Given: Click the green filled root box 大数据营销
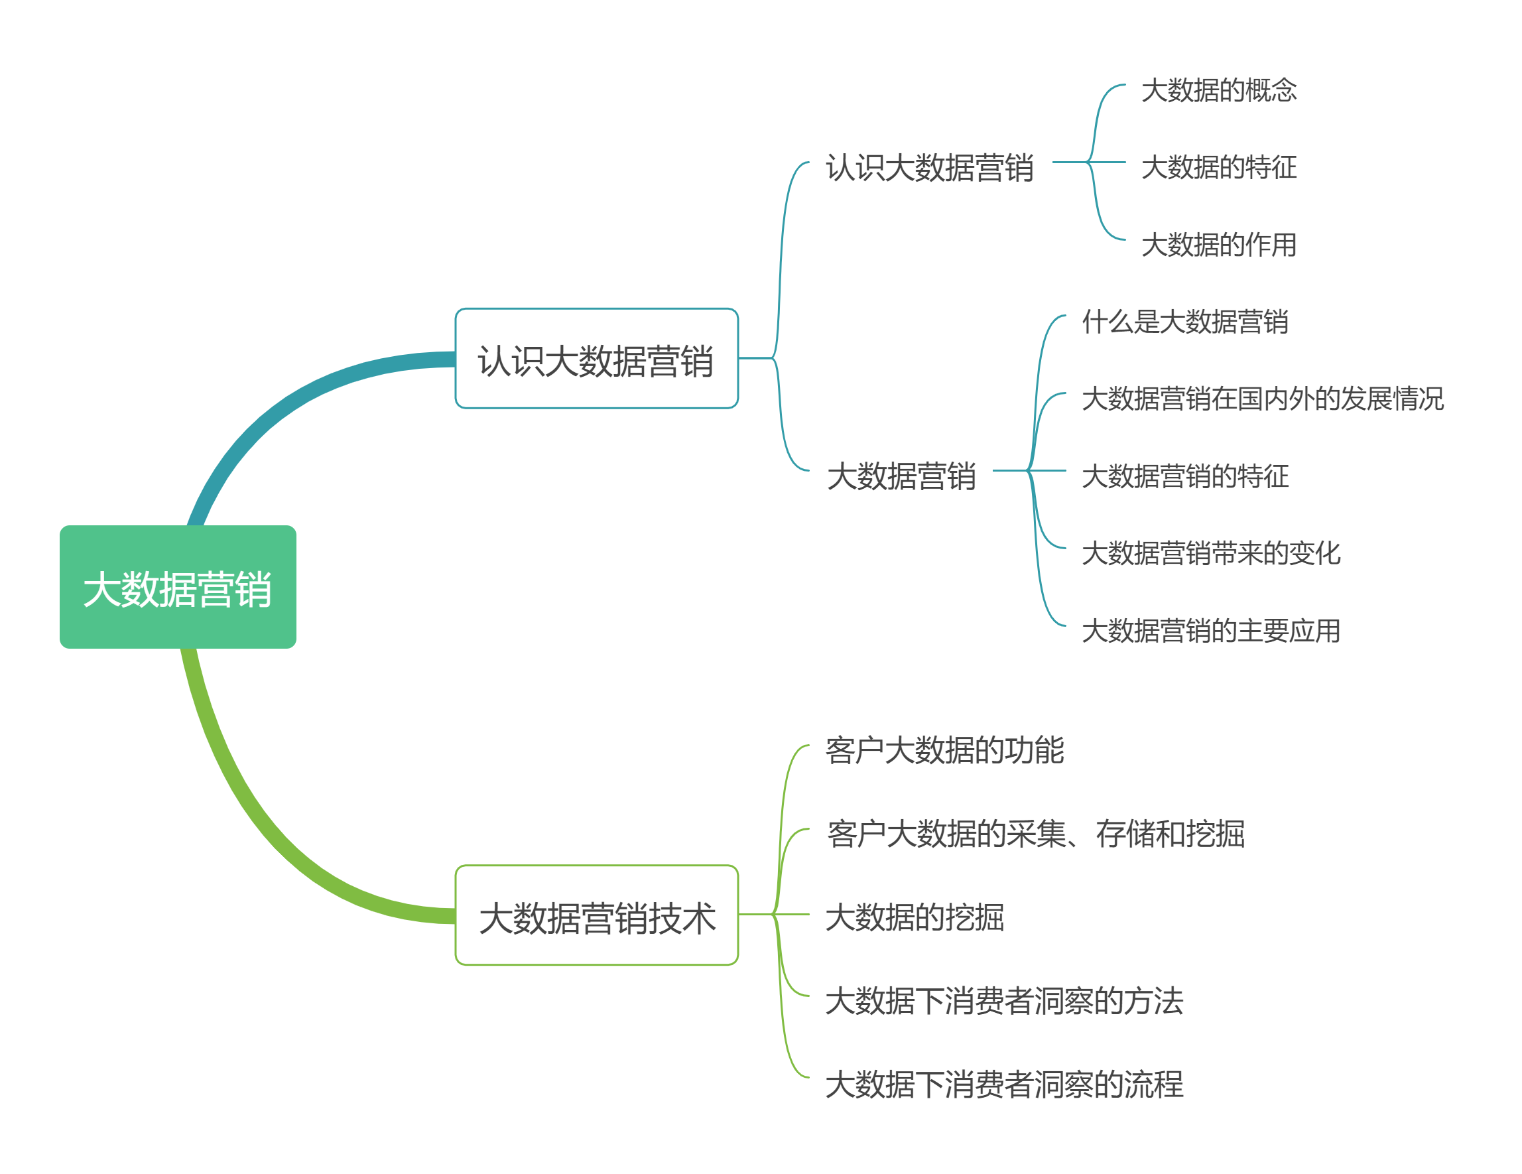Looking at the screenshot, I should (178, 587).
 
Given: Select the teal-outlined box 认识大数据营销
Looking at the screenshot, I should (597, 358).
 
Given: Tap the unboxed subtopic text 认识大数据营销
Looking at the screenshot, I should (929, 168).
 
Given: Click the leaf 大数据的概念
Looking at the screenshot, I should (1219, 91).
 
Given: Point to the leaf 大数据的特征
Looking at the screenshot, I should (1219, 167).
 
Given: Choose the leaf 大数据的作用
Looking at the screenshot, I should (1219, 245).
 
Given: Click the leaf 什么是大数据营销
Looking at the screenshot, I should (1184, 322).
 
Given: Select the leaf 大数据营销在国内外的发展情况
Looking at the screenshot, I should (1262, 399).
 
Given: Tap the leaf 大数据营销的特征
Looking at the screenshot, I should (1184, 476).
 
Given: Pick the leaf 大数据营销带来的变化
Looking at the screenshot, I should (1210, 554).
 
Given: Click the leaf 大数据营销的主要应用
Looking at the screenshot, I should (1210, 631).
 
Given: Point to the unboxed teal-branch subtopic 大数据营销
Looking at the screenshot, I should (901, 476).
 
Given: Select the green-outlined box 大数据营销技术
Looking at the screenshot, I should (597, 915).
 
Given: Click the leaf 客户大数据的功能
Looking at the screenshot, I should (944, 750).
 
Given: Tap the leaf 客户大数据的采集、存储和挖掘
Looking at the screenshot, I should (1035, 834).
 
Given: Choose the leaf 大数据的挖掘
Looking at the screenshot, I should (915, 917).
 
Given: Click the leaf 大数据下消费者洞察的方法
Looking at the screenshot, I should (1004, 1001).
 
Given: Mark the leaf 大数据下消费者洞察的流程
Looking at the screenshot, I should (1004, 1084).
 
